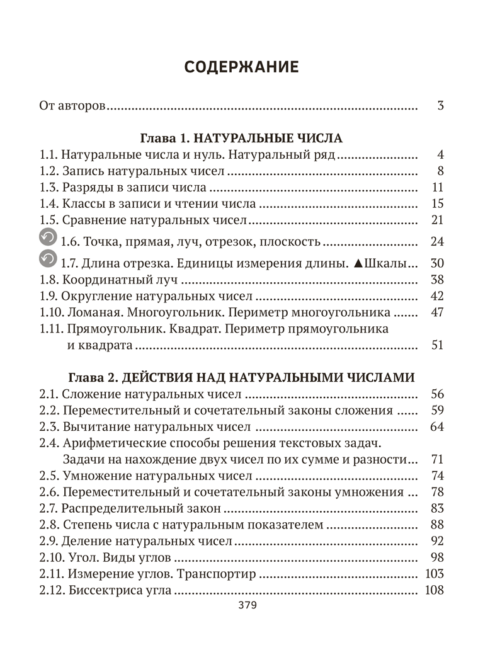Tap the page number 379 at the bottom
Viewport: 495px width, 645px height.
point(247,606)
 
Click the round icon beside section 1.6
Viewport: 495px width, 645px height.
point(48,237)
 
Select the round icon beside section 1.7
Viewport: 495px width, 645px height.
point(48,260)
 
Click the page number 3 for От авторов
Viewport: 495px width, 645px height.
point(440,106)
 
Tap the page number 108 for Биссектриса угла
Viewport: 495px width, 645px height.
point(434,590)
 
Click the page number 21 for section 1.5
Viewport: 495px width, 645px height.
point(438,220)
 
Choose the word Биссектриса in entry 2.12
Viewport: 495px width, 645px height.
point(103,590)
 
